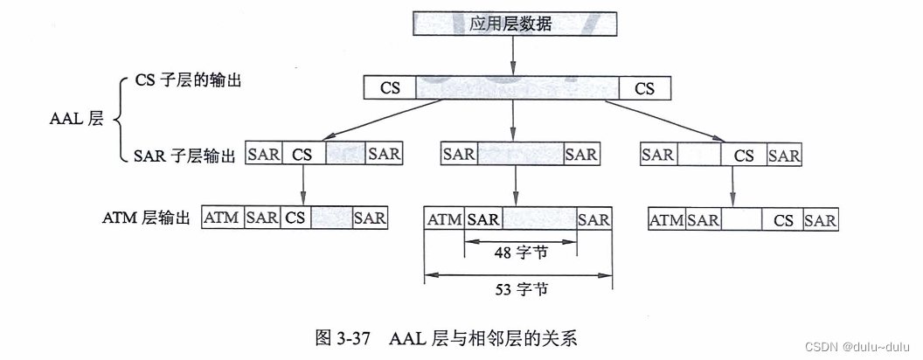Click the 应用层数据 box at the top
coord(511,23)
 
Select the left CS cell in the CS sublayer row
coord(390,88)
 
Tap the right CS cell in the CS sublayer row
coord(644,88)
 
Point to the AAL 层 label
coord(76,120)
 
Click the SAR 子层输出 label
coord(185,156)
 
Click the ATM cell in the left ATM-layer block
coord(222,218)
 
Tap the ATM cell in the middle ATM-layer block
coord(445,219)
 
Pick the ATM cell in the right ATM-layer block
coord(667,220)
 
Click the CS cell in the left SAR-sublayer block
coord(302,155)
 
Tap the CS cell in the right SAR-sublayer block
coord(744,156)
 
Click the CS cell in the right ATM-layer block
coord(783,220)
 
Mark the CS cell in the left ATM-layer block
coord(295,218)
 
